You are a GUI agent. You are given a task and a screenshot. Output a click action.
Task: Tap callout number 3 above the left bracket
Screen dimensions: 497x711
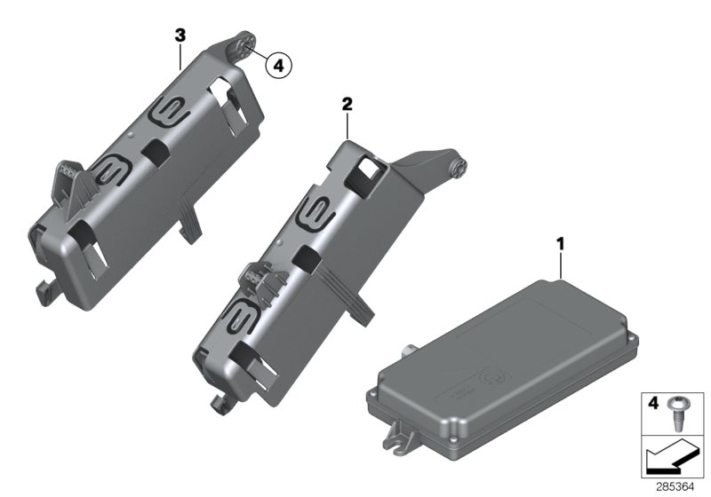point(180,35)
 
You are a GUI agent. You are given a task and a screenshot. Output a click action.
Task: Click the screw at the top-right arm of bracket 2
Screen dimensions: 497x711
point(460,165)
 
